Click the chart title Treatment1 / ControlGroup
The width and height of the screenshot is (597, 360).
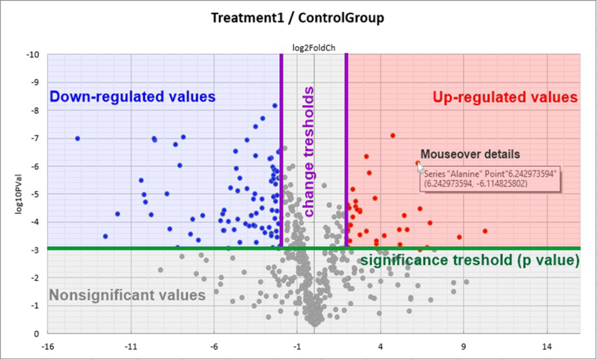tap(297, 18)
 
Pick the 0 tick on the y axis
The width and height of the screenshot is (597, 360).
tap(36, 334)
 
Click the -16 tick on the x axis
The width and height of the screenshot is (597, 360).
tap(47, 346)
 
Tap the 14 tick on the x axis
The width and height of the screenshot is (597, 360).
tap(547, 346)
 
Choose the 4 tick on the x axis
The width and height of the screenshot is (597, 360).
tap(381, 346)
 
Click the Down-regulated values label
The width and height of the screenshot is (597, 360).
tap(132, 96)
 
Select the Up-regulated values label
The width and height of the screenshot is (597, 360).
tap(505, 97)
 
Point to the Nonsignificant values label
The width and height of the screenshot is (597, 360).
tap(128, 295)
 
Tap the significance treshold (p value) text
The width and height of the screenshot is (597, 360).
tap(470, 260)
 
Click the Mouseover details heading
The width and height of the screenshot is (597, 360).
tap(469, 155)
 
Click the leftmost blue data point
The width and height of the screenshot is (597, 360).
tap(77, 138)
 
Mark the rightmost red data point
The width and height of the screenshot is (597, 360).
tap(485, 231)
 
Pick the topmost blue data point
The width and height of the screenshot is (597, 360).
tap(275, 106)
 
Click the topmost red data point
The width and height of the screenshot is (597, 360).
tap(393, 135)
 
